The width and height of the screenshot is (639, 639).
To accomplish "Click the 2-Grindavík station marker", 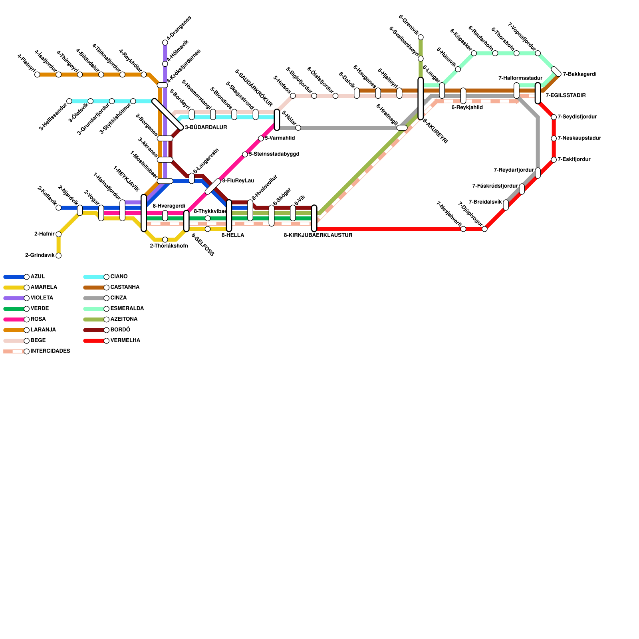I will click(58, 256).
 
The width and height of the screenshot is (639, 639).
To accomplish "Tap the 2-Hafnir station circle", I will click(58, 234).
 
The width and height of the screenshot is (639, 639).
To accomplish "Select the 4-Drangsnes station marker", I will click(165, 42).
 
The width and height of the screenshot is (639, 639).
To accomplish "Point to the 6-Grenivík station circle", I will click(421, 37).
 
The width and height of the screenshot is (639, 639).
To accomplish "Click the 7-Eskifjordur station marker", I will click(554, 160).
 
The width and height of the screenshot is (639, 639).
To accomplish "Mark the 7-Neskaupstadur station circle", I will click(554, 139).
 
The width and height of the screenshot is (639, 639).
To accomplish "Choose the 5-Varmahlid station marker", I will click(261, 139).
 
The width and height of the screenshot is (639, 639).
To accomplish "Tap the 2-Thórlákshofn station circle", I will click(165, 240).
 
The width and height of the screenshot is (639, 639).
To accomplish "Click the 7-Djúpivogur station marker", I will click(484, 229).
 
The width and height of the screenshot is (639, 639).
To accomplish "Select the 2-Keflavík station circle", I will click(58, 208).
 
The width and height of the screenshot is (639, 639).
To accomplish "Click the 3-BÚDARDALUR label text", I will click(206, 128).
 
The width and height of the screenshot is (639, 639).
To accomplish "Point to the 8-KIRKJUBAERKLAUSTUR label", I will click(318, 236).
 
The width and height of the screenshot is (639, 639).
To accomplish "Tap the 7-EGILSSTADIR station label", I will click(566, 96).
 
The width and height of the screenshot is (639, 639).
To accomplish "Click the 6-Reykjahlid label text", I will click(467, 107).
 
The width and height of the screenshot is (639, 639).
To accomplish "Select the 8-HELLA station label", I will click(233, 236).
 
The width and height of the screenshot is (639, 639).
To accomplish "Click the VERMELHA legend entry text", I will click(125, 341).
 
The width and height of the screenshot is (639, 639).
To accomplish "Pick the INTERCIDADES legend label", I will click(50, 351).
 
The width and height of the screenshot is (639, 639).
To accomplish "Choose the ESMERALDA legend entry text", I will click(127, 309).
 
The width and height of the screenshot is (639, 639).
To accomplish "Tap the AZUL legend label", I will click(38, 277).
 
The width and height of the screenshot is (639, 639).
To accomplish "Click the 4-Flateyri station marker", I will click(37, 75).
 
